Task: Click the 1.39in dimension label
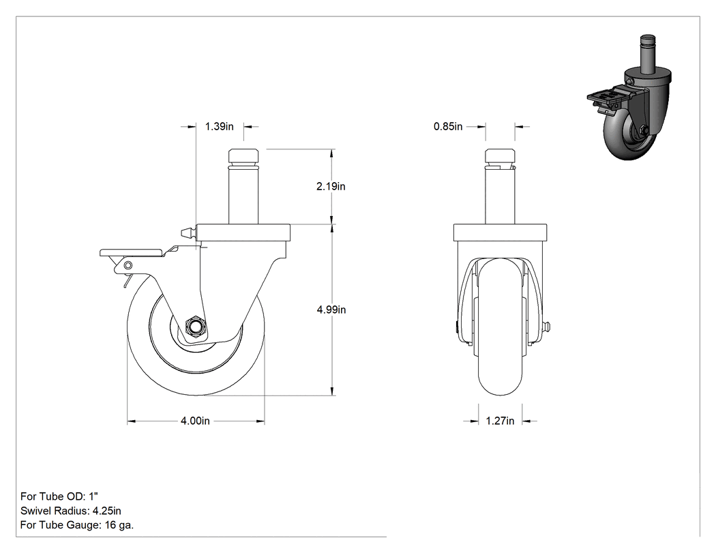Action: [x=219, y=127]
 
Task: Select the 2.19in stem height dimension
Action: [x=331, y=186]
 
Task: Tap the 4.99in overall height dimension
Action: [x=331, y=310]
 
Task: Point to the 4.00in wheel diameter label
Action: [x=196, y=421]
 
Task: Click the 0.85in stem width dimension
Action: [x=448, y=127]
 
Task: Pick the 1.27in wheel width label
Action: [x=500, y=421]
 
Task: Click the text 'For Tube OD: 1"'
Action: [x=59, y=496]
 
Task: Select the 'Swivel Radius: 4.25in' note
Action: [x=71, y=511]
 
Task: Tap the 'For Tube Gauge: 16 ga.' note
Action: [x=77, y=525]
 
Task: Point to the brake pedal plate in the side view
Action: [x=131, y=252]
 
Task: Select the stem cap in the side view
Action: [x=243, y=158]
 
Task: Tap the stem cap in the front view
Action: [x=500, y=158]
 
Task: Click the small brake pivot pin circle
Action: [x=128, y=265]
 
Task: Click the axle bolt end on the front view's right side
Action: [x=548, y=327]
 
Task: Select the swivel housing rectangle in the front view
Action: [x=500, y=233]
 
